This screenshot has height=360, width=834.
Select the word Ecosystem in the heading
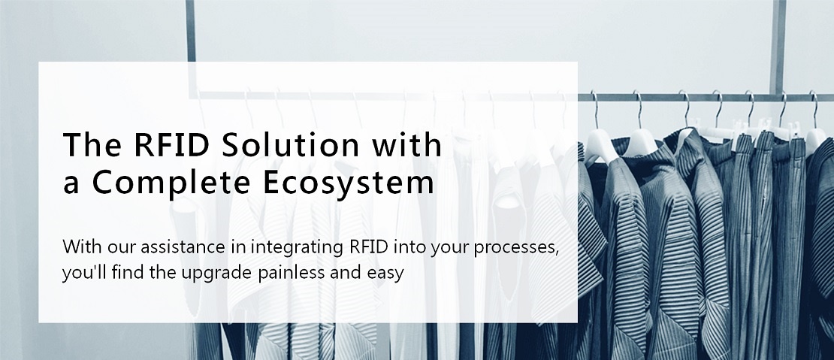coord(349,183)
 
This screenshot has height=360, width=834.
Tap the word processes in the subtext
coord(516,248)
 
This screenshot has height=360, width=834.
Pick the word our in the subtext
coord(121,248)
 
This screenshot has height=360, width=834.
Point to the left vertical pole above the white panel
coord(191,31)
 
